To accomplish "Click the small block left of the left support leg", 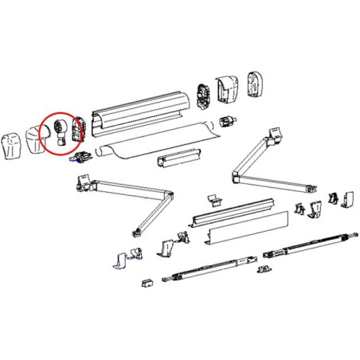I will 147,282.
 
